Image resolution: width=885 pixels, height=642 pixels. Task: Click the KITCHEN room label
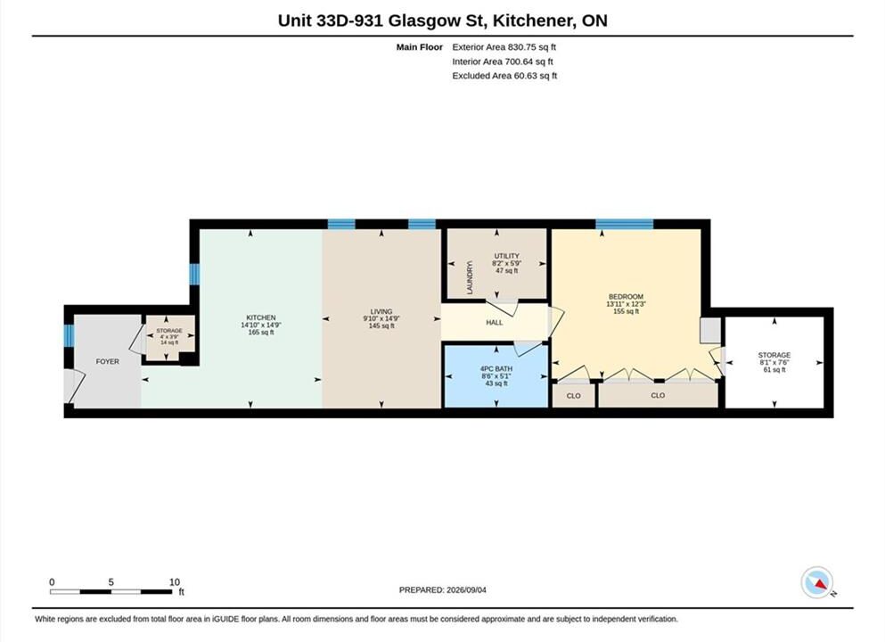pyautogui.click(x=261, y=318)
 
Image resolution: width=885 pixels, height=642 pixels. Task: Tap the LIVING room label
pyautogui.click(x=381, y=312)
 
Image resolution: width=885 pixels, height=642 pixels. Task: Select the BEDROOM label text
pyautogui.click(x=626, y=297)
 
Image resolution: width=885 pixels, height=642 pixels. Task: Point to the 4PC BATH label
pyautogui.click(x=496, y=369)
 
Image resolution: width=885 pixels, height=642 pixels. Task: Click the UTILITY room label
pyautogui.click(x=506, y=256)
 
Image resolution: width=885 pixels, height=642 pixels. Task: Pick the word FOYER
pyautogui.click(x=107, y=361)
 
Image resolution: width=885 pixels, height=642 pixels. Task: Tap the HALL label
pyautogui.click(x=495, y=323)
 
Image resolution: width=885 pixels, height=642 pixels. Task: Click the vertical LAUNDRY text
pyautogui.click(x=470, y=276)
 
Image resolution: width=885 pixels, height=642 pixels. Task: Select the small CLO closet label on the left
pyautogui.click(x=573, y=396)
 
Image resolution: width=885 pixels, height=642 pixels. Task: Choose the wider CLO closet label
pyautogui.click(x=658, y=395)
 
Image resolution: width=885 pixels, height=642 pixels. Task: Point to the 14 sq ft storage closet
pyautogui.click(x=169, y=336)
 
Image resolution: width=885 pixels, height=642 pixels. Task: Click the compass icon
pyautogui.click(x=816, y=582)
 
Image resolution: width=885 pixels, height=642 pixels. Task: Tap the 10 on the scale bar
pyautogui.click(x=175, y=581)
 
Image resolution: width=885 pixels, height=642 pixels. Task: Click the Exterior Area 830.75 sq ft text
pyautogui.click(x=504, y=47)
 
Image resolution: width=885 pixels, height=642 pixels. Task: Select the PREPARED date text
pyautogui.click(x=442, y=590)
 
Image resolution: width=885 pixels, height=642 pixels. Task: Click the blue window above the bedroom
pyautogui.click(x=624, y=224)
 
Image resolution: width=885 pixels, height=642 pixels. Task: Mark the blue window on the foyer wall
pyautogui.click(x=69, y=335)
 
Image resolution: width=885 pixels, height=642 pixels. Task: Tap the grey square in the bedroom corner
pyautogui.click(x=710, y=330)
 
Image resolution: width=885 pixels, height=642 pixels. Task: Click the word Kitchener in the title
pyautogui.click(x=533, y=21)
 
